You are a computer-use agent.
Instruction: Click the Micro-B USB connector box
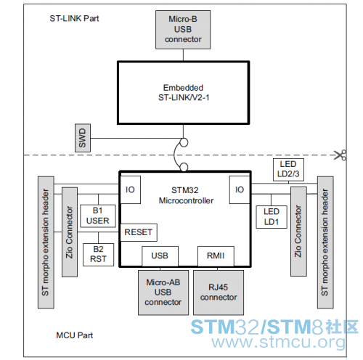pyautogui.click(x=183, y=30)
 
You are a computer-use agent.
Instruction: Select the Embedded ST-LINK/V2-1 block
pyautogui.click(x=183, y=93)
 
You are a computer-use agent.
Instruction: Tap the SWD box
pyautogui.click(x=83, y=138)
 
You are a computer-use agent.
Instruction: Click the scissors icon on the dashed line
pyautogui.click(x=340, y=155)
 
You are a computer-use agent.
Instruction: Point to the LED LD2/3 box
pyautogui.click(x=288, y=170)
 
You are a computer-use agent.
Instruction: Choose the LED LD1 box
pyautogui.click(x=272, y=217)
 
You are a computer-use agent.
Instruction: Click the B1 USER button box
pyautogui.click(x=98, y=216)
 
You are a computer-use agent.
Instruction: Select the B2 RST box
pyautogui.click(x=98, y=255)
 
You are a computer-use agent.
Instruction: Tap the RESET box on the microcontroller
pyautogui.click(x=139, y=232)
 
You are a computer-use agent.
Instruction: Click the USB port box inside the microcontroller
pyautogui.click(x=160, y=256)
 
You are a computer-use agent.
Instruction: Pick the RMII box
pyautogui.click(x=216, y=256)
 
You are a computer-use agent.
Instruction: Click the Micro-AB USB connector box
pyautogui.click(x=163, y=292)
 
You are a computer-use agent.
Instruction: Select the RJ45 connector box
pyautogui.click(x=219, y=292)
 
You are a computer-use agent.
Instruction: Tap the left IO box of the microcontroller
pyautogui.click(x=130, y=189)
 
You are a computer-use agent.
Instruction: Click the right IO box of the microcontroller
pyautogui.click(x=240, y=189)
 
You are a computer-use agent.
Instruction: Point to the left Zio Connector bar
pyautogui.click(x=70, y=232)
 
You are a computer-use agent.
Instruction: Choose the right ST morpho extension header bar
pyautogui.click(x=325, y=242)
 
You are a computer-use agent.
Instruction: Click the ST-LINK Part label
pyautogui.click(x=74, y=18)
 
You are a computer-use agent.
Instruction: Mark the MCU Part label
pyautogui.click(x=75, y=335)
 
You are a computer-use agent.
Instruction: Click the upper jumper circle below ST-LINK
pyautogui.click(x=184, y=142)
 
